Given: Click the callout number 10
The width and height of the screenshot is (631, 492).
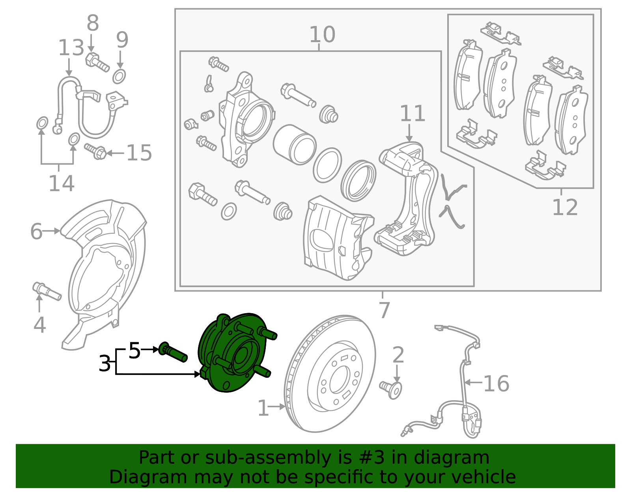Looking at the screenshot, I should [322, 35].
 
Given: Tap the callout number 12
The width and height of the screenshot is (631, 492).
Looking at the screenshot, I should [564, 207].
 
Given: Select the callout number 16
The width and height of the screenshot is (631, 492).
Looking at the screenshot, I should [496, 383].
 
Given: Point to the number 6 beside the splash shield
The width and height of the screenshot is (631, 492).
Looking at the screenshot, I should [36, 231].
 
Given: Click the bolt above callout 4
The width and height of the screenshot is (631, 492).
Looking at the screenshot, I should [47, 292].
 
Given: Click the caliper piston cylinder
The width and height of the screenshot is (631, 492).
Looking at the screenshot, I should [295, 145].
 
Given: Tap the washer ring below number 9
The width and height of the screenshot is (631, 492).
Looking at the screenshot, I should [119, 76].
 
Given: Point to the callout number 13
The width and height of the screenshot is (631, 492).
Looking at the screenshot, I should [71, 48].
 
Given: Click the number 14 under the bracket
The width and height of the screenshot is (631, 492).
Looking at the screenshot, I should [61, 184].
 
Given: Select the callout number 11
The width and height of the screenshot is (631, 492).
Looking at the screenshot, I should [413, 113].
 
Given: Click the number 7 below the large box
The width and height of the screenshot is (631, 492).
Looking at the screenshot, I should [384, 310].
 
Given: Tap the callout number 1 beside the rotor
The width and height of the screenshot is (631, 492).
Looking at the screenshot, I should [263, 408].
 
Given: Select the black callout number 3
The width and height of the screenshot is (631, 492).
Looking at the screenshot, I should [105, 363].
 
